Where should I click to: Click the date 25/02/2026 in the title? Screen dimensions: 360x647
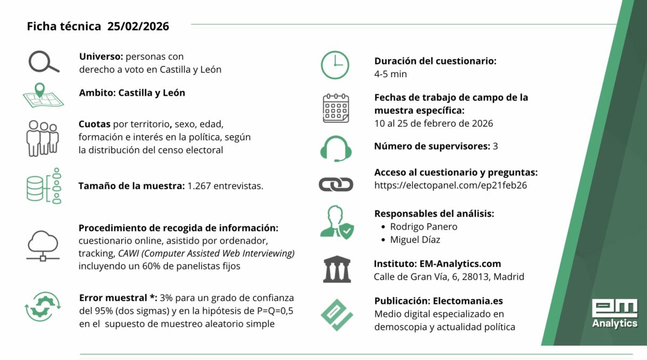138,26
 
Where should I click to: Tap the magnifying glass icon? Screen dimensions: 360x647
44,63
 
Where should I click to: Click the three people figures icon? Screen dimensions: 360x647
42,137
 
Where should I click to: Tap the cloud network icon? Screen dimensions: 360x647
43,245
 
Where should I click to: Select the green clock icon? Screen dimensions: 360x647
335,65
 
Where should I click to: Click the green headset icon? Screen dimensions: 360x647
335,148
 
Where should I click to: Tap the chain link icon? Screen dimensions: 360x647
335,185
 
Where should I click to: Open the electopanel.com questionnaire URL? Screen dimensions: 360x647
450,185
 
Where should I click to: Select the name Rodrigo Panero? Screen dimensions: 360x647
423,226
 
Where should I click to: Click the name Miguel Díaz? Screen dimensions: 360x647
416,240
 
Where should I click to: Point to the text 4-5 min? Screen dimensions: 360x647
390,74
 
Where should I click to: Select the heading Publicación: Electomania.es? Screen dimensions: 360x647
438,301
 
